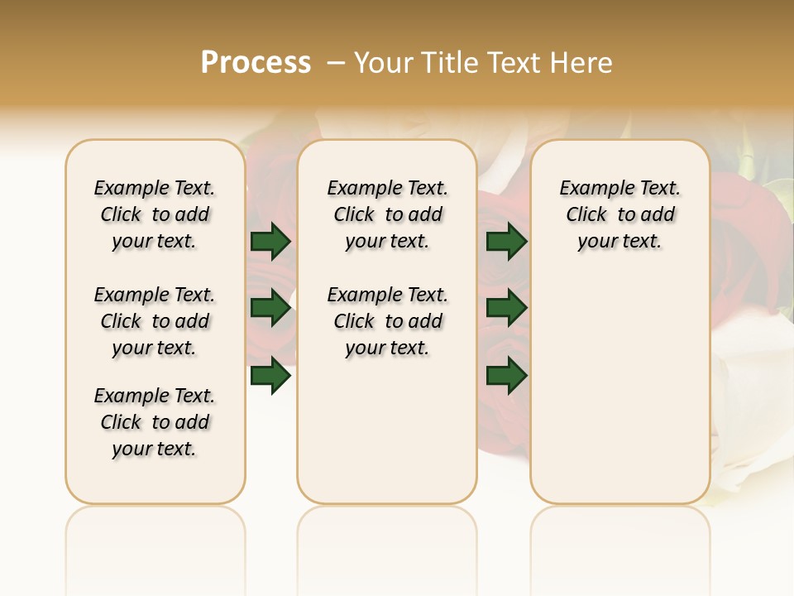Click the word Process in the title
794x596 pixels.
coord(256,63)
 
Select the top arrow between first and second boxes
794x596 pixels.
coord(270,241)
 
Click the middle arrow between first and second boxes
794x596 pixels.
coord(270,308)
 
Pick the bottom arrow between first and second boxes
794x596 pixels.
coord(270,376)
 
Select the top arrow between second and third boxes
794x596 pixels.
coord(506,241)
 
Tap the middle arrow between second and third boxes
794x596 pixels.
coord(506,308)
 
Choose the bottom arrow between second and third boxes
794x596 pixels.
coord(506,376)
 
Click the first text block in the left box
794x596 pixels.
coord(155,214)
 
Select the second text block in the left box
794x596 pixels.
coord(155,321)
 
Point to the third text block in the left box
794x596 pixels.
coord(155,422)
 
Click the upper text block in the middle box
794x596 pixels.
coord(388,214)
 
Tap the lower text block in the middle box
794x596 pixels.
coord(388,321)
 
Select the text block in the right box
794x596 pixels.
coord(620,214)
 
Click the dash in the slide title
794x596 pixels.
coord(336,63)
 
